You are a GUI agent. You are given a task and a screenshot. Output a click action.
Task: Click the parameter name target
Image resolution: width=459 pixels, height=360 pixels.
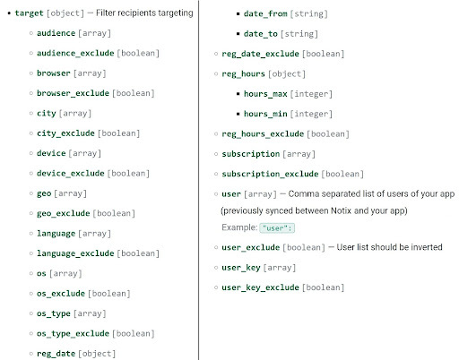[x=29, y=13]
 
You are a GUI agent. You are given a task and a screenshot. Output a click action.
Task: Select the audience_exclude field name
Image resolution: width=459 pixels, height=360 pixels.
[x=75, y=53]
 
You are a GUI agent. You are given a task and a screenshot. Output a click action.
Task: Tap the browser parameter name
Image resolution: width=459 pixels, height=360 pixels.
[x=54, y=73]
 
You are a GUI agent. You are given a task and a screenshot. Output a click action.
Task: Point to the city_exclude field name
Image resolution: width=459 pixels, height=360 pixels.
[x=65, y=133]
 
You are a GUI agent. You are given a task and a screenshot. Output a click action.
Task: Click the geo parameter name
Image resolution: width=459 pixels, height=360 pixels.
[x=44, y=193]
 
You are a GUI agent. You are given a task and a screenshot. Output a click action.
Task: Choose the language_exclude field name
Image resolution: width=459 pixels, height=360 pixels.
[x=75, y=253]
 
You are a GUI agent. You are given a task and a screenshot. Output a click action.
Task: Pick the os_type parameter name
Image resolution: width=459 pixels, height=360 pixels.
[x=54, y=313]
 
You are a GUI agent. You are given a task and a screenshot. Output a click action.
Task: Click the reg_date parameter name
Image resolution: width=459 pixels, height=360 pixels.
[x=56, y=354]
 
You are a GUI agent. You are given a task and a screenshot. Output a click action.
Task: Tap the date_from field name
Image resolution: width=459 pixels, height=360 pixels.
[x=265, y=13]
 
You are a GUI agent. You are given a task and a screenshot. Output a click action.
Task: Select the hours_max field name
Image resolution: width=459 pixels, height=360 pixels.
[x=265, y=94]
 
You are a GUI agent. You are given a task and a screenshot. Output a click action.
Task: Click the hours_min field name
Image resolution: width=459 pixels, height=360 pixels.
[x=265, y=114]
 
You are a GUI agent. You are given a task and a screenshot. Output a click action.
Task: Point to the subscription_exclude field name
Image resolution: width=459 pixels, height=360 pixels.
[x=270, y=174]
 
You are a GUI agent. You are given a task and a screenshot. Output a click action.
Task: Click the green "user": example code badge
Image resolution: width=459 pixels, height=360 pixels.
[x=277, y=228]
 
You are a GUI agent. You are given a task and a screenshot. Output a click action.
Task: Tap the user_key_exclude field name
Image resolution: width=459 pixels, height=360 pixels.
[x=260, y=287]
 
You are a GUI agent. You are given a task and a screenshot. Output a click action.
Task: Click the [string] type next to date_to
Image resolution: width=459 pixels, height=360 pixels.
[x=299, y=34]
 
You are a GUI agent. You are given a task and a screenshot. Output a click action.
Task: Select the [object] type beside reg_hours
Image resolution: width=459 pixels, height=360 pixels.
[x=287, y=73]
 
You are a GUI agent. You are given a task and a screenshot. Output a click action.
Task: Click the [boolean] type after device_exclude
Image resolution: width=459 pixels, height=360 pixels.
[x=128, y=174]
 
